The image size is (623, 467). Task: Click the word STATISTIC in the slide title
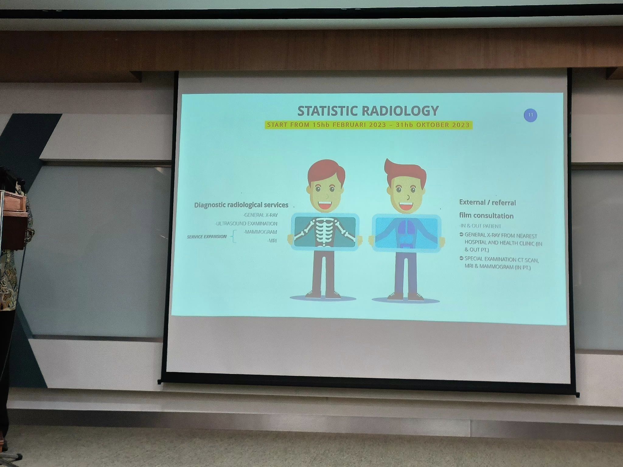(327, 111)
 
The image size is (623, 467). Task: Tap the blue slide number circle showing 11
(531, 115)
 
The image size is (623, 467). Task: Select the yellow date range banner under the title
(368, 125)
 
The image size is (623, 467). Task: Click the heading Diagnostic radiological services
(241, 205)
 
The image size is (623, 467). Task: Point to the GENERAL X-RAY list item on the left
(261, 215)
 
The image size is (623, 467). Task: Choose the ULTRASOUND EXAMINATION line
(246, 224)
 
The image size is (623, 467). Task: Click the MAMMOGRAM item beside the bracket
(261, 232)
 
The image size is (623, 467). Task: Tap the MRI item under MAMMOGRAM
(272, 241)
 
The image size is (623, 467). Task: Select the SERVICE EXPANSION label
(207, 237)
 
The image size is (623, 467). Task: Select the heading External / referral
(487, 202)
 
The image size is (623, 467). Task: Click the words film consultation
(486, 216)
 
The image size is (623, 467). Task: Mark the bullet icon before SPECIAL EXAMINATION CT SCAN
(461, 259)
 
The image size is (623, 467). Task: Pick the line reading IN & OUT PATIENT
(480, 226)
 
